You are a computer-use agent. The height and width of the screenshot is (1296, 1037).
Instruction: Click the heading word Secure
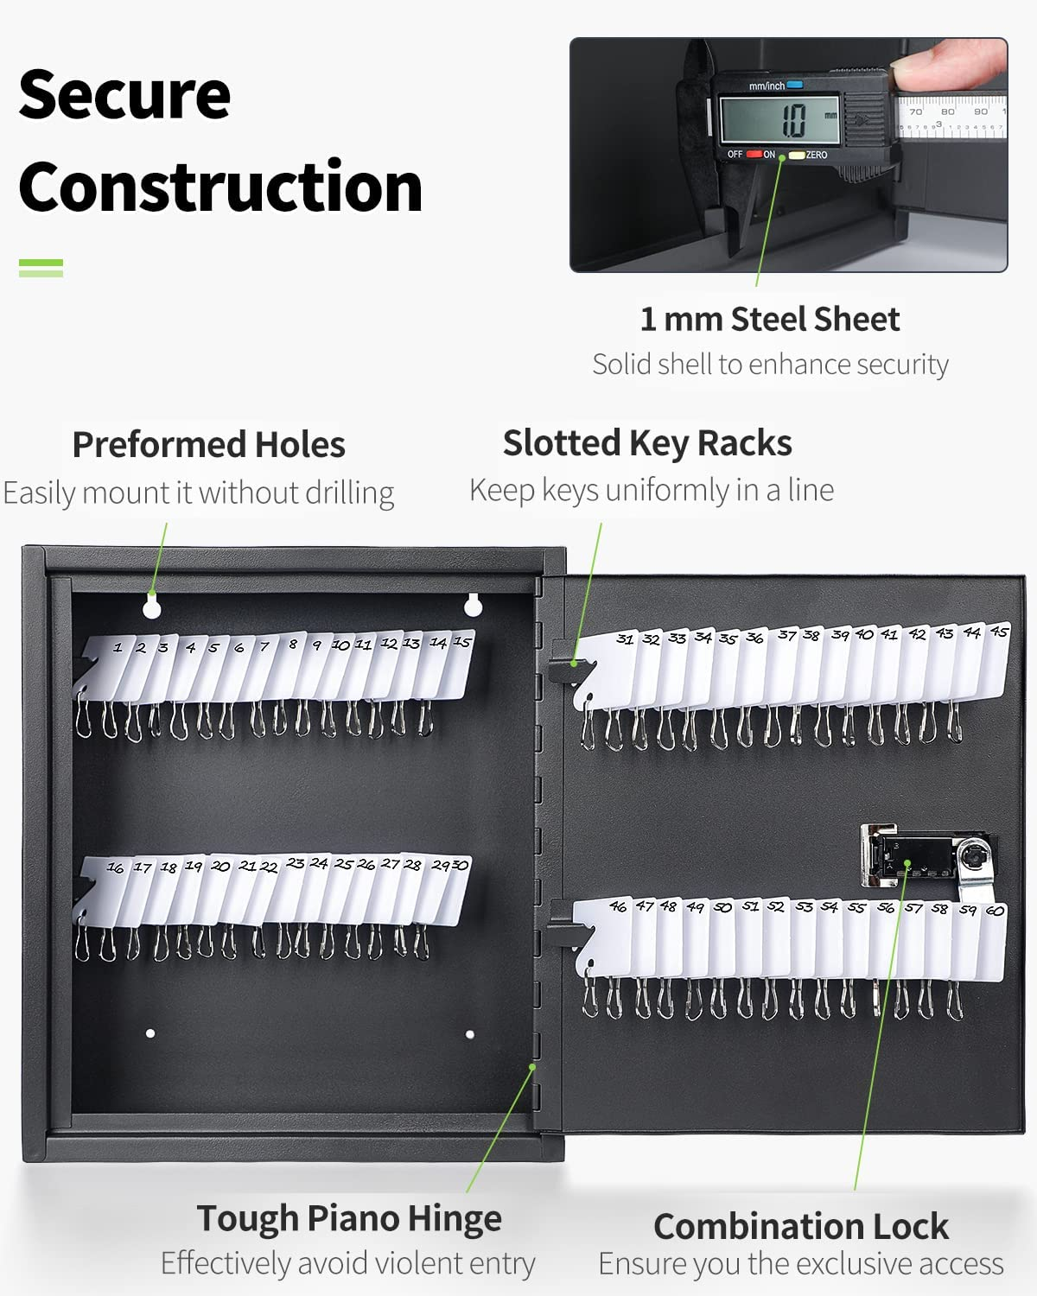pos(124,94)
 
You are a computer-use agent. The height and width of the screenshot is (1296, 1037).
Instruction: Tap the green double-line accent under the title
pos(41,268)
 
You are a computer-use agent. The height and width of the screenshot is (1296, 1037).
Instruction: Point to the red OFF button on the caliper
pos(754,155)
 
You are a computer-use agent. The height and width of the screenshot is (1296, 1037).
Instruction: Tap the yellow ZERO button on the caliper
pos(797,155)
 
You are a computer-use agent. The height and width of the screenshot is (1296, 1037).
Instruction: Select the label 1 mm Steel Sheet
pos(769,320)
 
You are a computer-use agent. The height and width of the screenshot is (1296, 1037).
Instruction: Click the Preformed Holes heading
pos(208,445)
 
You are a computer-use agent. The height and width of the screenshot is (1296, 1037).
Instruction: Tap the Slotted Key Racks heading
pos(647,443)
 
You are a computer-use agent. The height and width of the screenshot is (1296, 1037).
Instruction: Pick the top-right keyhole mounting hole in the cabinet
pos(472,605)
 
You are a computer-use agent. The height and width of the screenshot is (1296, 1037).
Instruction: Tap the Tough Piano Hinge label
pos(349,1218)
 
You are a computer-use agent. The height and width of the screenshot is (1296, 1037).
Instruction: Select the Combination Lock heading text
pos(800,1227)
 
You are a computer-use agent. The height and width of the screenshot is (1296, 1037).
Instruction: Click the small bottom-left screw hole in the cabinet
pos(150,1033)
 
